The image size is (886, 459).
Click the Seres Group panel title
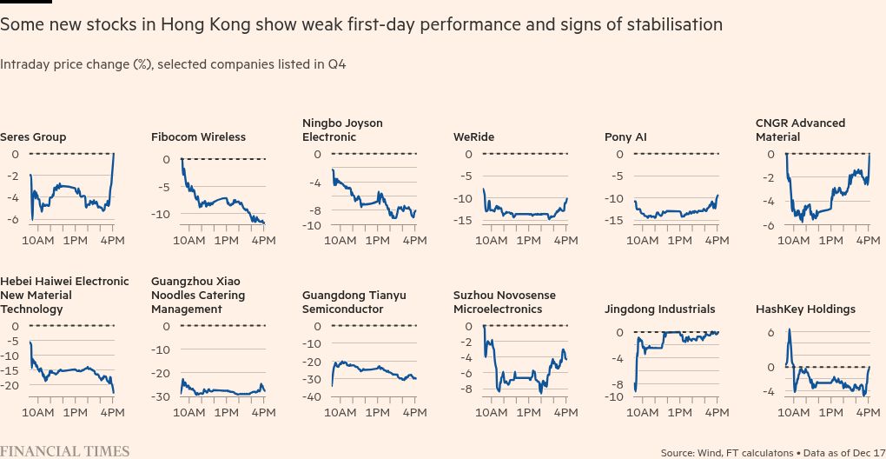click(x=33, y=137)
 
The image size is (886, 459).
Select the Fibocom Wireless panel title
click(x=198, y=137)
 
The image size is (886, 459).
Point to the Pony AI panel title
click(x=625, y=137)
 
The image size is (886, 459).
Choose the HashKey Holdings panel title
click(x=805, y=309)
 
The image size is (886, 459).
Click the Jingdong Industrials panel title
click(x=660, y=309)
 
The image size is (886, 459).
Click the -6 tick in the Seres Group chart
click(x=14, y=219)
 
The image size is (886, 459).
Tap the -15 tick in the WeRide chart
click(x=464, y=220)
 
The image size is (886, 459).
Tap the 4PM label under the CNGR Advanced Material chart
click(x=867, y=240)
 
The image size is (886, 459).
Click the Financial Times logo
click(x=65, y=451)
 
